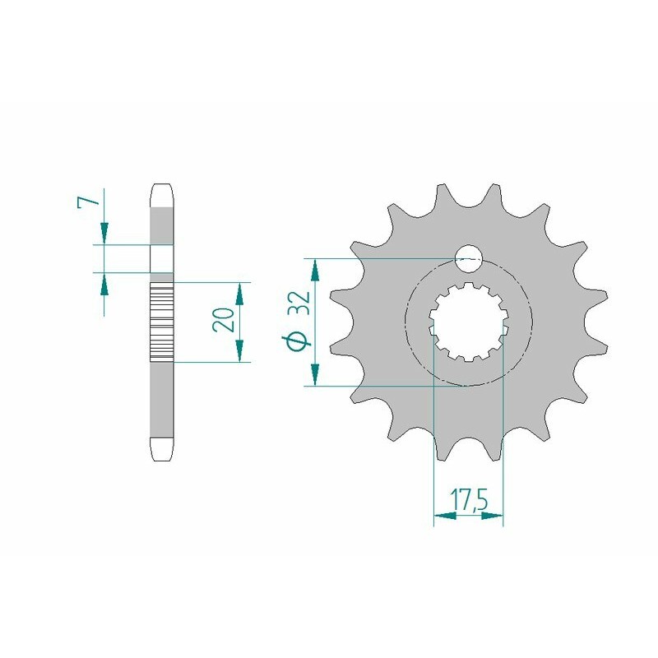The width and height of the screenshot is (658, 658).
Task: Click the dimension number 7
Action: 93,200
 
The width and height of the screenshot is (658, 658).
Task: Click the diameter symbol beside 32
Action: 298,340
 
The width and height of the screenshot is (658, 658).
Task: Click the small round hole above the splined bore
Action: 469,257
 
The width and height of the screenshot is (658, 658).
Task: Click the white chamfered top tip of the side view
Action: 162,195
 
